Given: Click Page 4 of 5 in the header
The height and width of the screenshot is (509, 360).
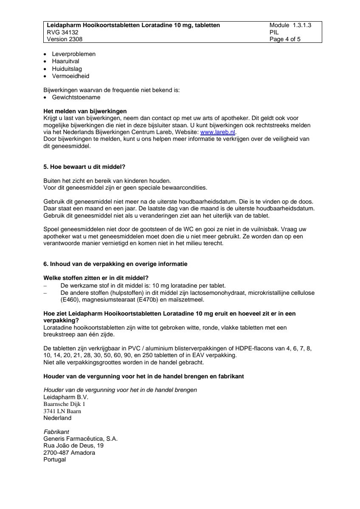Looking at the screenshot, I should pyautogui.click(x=285, y=39).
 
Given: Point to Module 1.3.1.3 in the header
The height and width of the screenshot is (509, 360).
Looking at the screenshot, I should pyautogui.click(x=290, y=25).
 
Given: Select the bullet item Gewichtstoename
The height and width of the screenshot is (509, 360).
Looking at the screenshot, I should pyautogui.click(x=70, y=97).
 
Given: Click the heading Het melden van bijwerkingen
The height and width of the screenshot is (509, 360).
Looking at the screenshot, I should pyautogui.click(x=85, y=112).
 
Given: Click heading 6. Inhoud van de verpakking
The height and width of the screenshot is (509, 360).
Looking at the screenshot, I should pyautogui.click(x=115, y=264).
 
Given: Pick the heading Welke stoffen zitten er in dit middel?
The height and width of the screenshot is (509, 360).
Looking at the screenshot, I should pyautogui.click(x=93, y=278).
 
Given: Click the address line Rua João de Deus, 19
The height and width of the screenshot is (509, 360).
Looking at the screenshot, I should pyautogui.click(x=73, y=446).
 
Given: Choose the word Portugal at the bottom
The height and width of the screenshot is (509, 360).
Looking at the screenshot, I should pyautogui.click(x=55, y=459).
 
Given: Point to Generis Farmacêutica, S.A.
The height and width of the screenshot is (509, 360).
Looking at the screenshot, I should pyautogui.click(x=80, y=439).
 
